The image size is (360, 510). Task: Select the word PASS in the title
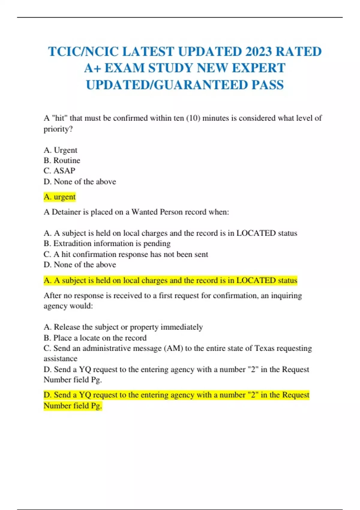tap(268, 85)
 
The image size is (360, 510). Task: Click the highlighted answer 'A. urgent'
tap(59, 197)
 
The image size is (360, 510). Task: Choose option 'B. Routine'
tap(62, 160)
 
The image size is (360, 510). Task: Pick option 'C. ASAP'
tap(59, 171)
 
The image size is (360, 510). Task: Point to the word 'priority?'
tap(58, 129)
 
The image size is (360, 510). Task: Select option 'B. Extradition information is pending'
tap(107, 243)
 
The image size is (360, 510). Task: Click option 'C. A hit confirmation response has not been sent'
tap(126, 254)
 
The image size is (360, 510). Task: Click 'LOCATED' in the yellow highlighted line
tap(256, 280)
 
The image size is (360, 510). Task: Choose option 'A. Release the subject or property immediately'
tap(123, 327)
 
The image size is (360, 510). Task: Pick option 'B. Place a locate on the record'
tap(95, 338)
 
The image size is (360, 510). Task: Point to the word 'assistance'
tap(60, 358)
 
